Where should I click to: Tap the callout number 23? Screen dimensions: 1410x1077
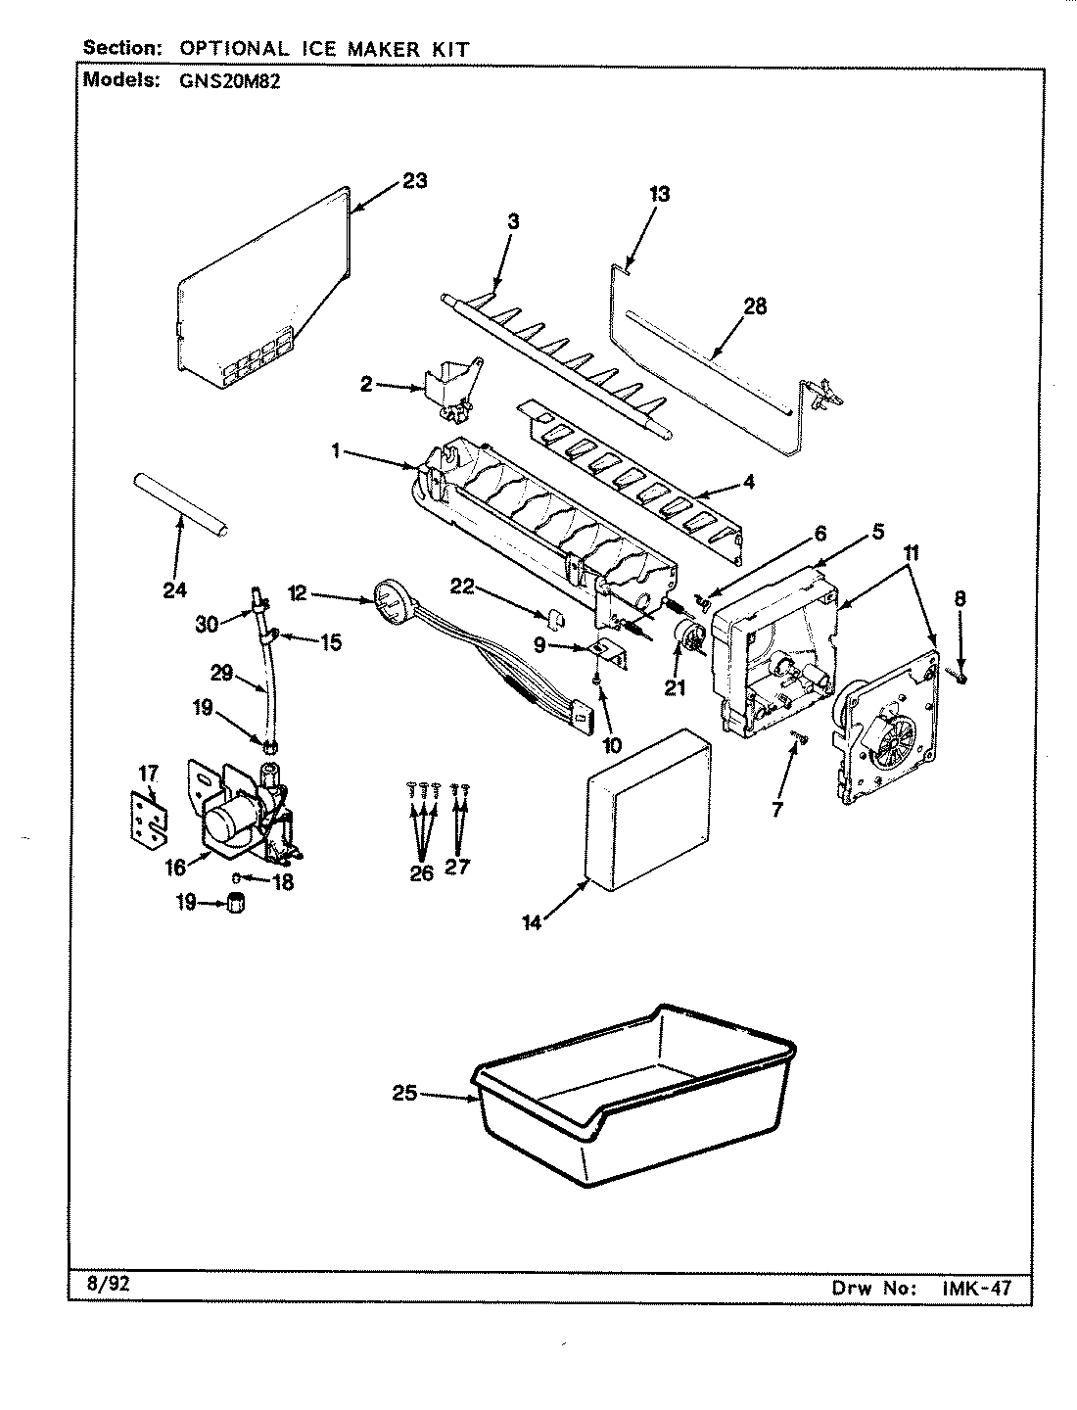pyautogui.click(x=414, y=181)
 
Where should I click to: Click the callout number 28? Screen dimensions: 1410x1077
pyautogui.click(x=754, y=306)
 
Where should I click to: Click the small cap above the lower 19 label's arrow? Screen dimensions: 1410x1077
pyautogui.click(x=235, y=902)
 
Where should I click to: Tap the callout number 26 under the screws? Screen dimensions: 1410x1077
pyautogui.click(x=421, y=872)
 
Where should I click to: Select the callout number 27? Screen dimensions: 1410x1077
pyautogui.click(x=457, y=866)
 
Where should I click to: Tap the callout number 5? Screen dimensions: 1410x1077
pyautogui.click(x=877, y=532)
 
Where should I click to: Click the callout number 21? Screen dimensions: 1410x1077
pyautogui.click(x=675, y=687)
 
